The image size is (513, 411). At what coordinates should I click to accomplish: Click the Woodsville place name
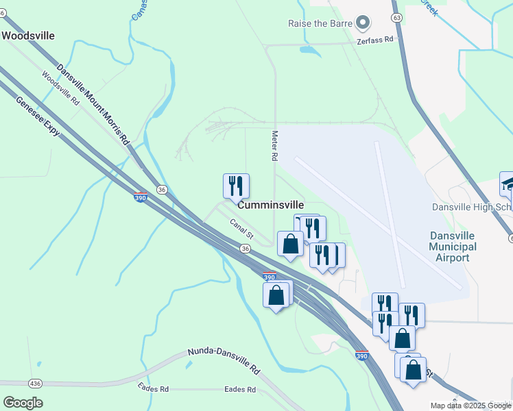point(28,36)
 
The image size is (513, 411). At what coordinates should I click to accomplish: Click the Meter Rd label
point(274,146)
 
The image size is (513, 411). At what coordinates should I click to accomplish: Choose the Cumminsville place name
point(271,205)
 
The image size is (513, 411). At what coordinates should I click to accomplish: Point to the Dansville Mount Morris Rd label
point(93,103)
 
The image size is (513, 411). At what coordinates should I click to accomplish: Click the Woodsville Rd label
point(60,88)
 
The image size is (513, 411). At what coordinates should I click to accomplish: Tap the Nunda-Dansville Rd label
point(224,361)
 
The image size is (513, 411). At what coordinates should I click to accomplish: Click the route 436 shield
point(34,382)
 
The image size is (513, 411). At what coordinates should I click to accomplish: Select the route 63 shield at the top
point(396,16)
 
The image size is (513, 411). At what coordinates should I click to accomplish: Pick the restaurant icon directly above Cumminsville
point(236,186)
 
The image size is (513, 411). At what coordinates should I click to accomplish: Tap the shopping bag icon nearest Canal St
point(290,244)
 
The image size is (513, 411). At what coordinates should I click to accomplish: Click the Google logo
point(23,403)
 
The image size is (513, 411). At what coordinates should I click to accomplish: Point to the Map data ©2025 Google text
point(471,406)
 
